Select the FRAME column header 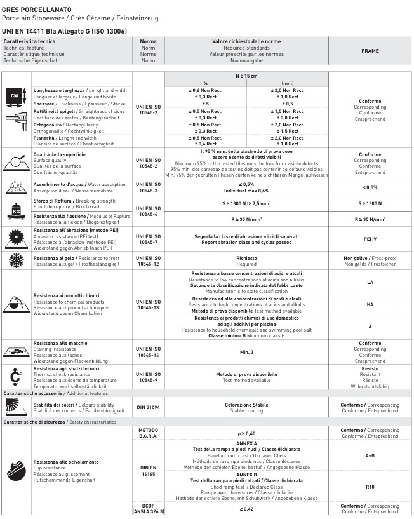coord(370,51)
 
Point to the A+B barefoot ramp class coord(370,455)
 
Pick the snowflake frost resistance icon coord(17,260)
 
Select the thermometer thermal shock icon coord(17,377)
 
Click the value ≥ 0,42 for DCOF coord(246,509)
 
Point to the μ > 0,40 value coord(246,433)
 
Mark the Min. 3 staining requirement coord(246,351)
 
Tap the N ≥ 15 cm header coord(246,76)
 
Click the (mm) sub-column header coord(287,83)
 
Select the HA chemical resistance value coord(370,304)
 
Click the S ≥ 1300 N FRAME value coord(370,203)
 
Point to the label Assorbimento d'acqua coord(60,184)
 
